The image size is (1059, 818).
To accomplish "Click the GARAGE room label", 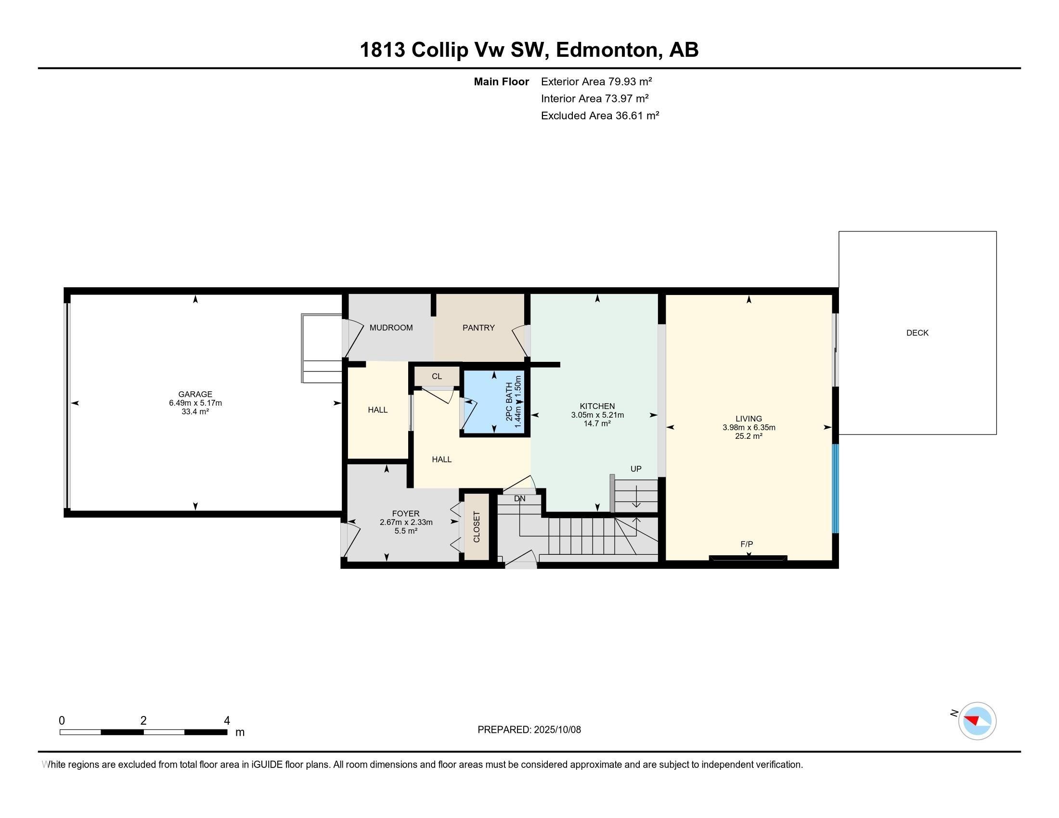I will coord(195,394).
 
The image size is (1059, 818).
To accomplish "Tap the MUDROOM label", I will coord(391,328).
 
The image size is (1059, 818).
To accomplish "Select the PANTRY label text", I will coord(478,328).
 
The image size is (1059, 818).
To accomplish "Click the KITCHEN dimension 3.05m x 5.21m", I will coord(597,415).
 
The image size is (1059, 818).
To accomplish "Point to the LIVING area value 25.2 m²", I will coord(748,435).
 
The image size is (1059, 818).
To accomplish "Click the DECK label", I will coord(917,332).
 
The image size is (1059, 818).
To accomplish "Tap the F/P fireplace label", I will coord(746,544).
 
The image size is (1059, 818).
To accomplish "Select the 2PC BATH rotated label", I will coord(509,402).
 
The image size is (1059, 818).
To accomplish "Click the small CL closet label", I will coord(437,376).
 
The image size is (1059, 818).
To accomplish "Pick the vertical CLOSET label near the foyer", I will coord(476,527).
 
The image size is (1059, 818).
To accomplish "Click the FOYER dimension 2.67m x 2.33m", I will coord(406,522).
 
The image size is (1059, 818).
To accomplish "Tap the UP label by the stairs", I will coord(635,469).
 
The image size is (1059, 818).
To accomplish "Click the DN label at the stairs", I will coord(519,498).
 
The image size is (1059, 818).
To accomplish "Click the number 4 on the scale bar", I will coord(226,720).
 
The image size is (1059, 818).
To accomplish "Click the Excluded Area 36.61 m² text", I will coord(599,115).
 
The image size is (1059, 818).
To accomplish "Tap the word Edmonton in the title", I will coord(608,50).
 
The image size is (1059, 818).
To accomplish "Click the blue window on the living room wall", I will coord(835,488).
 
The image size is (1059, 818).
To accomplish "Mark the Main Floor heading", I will coord(501,81).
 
